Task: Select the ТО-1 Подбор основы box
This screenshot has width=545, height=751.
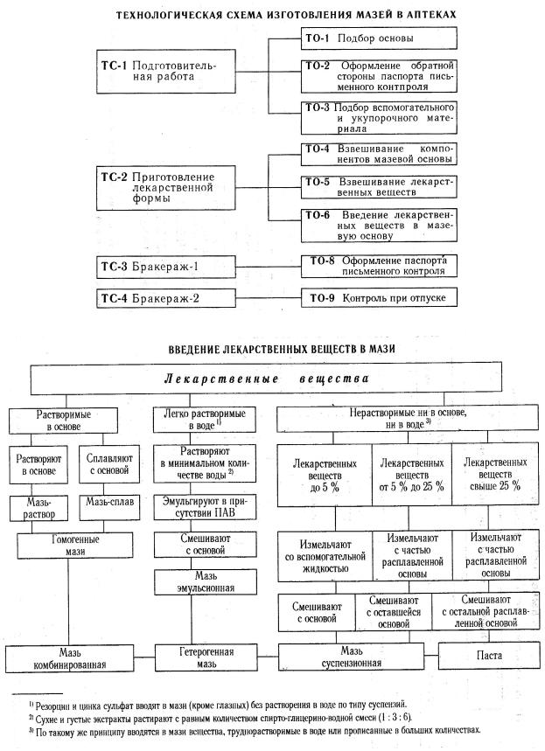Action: (379, 39)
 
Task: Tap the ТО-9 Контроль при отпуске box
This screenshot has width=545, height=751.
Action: (379, 298)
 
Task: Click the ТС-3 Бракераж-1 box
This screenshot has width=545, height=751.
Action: (165, 266)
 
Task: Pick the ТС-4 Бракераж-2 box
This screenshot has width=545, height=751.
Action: (165, 298)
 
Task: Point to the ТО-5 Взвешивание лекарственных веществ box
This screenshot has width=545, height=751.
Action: (379, 188)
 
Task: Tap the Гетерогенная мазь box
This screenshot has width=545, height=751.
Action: (206, 657)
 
